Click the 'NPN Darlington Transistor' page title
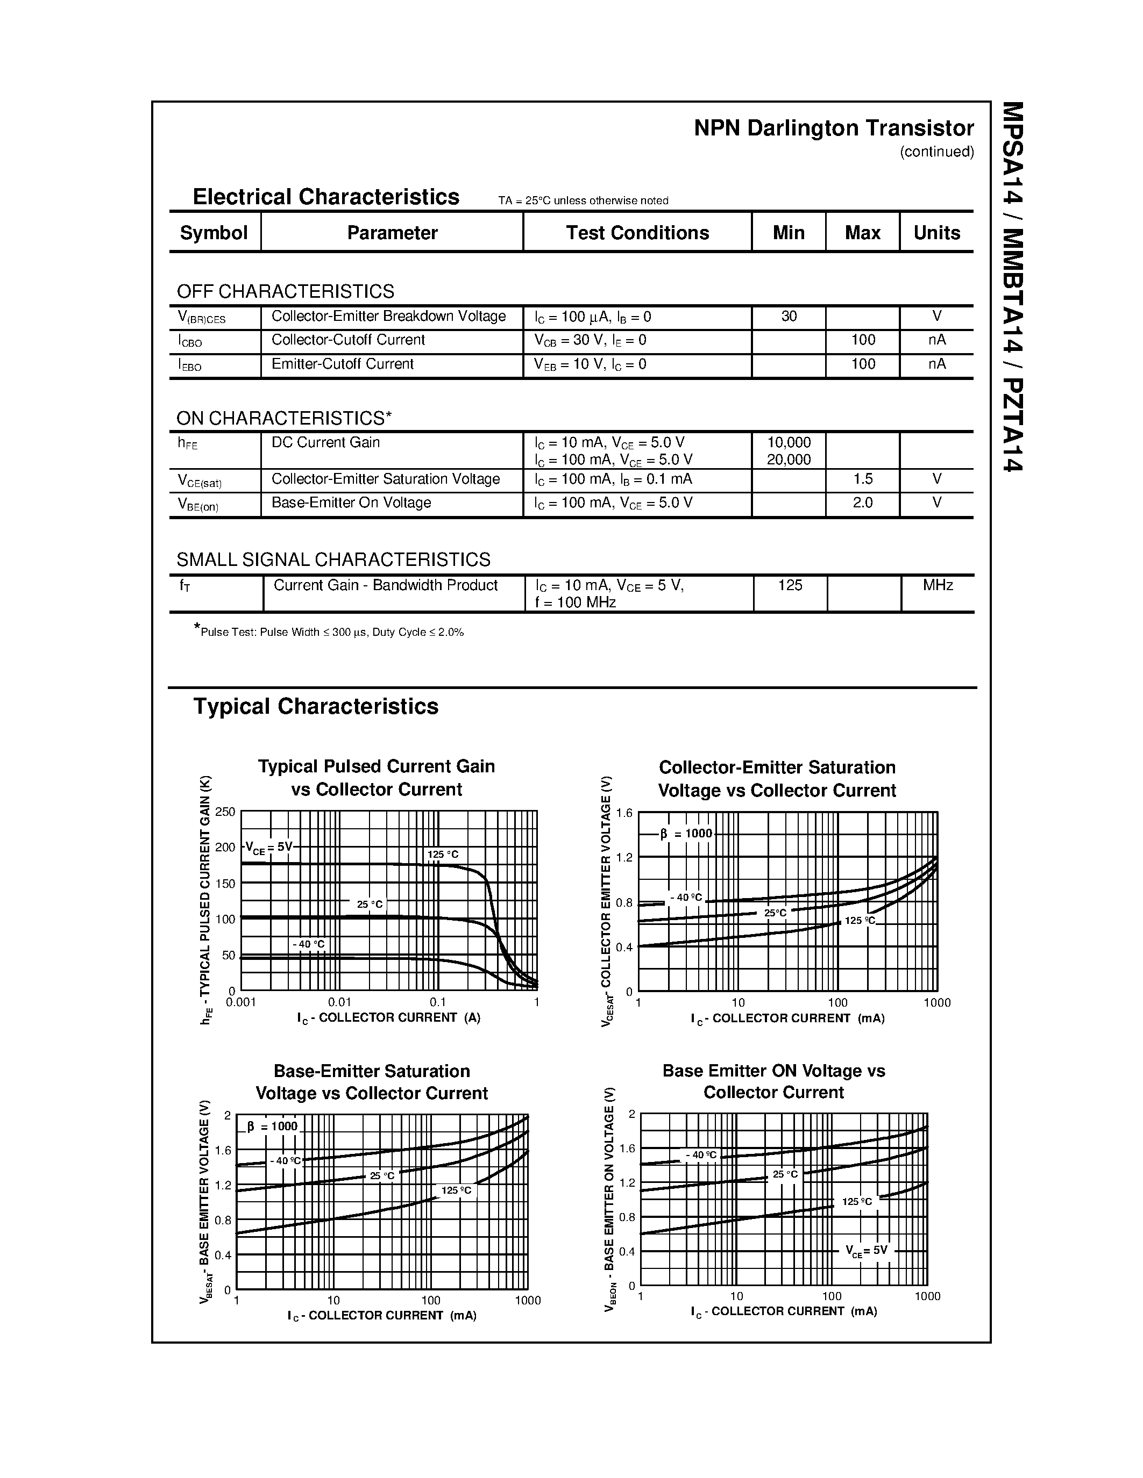pyautogui.click(x=834, y=128)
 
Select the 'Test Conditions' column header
pyautogui.click(x=637, y=233)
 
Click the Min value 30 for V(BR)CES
pyautogui.click(x=789, y=316)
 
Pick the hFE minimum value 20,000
pyautogui.click(x=789, y=460)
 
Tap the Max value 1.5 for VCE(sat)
pyautogui.click(x=863, y=479)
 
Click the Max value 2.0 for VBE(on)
pyautogui.click(x=863, y=503)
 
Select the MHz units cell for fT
pyautogui.click(x=938, y=585)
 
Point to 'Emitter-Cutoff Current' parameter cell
pyautogui.click(x=342, y=364)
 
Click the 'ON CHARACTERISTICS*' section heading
pyautogui.click(x=283, y=418)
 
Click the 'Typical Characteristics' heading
pyautogui.click(x=316, y=707)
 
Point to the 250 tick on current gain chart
pyautogui.click(x=225, y=812)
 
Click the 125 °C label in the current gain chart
pyautogui.click(x=443, y=855)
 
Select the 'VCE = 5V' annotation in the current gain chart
pyautogui.click(x=268, y=847)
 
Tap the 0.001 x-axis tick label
pyautogui.click(x=241, y=1002)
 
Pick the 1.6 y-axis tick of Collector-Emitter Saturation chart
pyautogui.click(x=623, y=813)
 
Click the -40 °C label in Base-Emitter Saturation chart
pyautogui.click(x=285, y=1160)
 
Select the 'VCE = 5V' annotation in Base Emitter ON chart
pyautogui.click(x=866, y=1251)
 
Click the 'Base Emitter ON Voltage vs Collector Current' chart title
pyautogui.click(x=773, y=1081)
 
